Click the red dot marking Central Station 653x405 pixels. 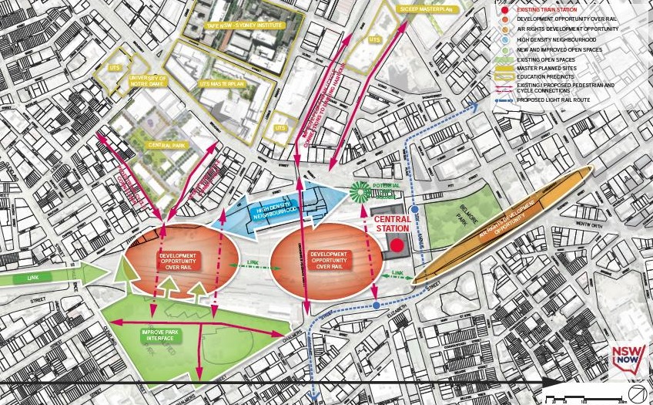click(397, 245)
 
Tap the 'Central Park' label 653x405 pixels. click(166, 143)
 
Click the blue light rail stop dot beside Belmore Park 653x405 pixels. click(414, 209)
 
